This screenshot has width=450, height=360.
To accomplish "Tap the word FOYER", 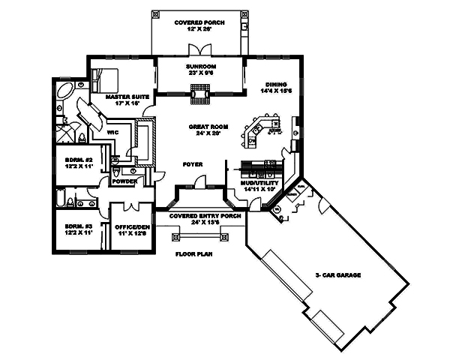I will tap(193, 163).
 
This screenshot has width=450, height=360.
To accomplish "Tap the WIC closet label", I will tap(114, 133).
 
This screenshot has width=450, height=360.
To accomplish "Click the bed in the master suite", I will tap(106, 77).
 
